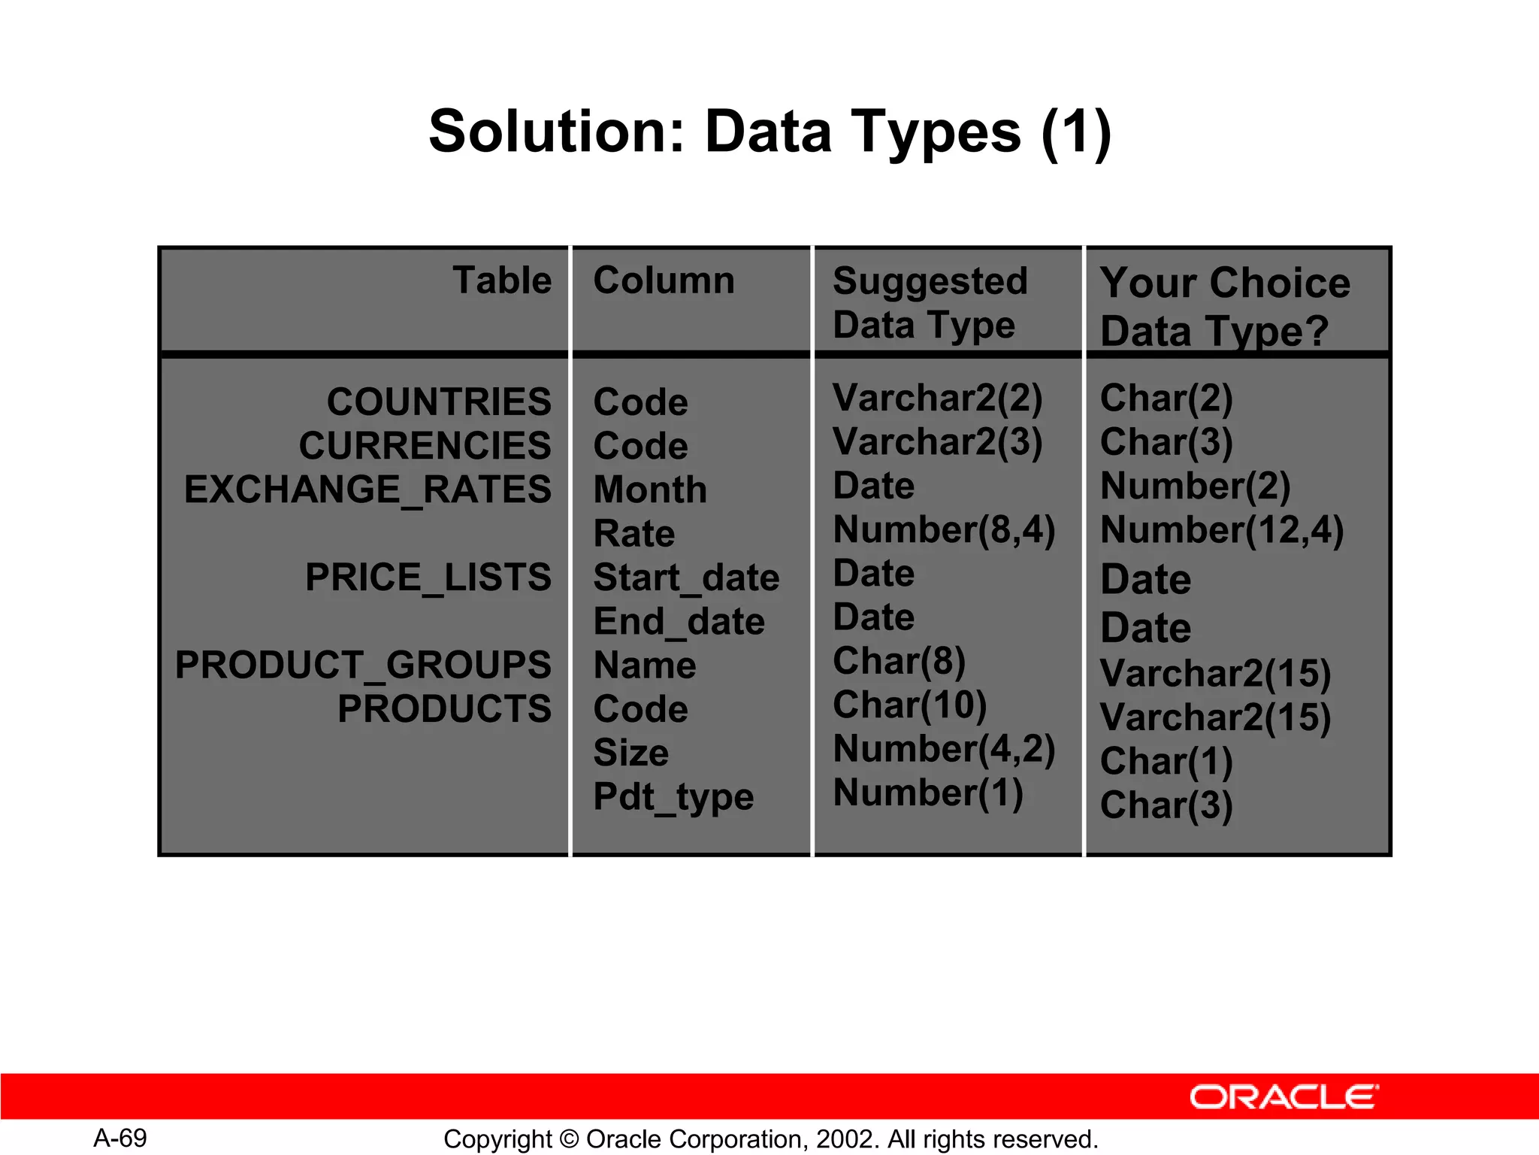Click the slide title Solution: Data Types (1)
(769, 132)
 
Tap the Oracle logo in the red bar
(1284, 1096)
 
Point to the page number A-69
(120, 1138)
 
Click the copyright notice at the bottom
(770, 1139)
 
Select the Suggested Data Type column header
(929, 302)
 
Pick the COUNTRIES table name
(439, 402)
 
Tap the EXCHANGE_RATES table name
(367, 490)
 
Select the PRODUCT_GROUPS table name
(363, 665)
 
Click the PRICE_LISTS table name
(428, 577)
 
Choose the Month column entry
(650, 490)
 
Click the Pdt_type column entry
(673, 797)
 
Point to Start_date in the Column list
(685, 577)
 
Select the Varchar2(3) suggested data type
(937, 441)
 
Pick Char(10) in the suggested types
(909, 705)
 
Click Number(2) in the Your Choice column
(1195, 486)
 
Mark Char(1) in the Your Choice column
(1166, 761)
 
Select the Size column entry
(630, 753)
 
